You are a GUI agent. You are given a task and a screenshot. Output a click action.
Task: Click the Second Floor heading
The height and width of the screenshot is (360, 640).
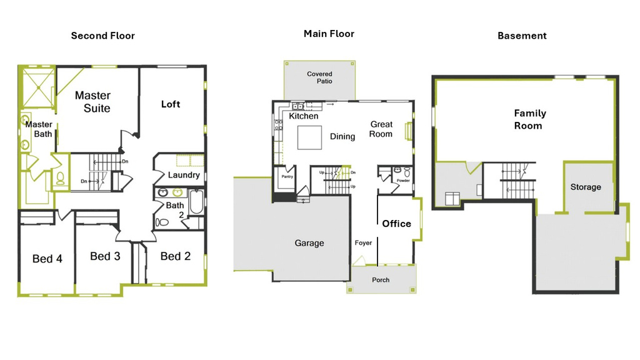pyautogui.click(x=103, y=36)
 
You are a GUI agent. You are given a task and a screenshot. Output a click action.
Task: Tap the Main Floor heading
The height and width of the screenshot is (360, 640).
pyautogui.click(x=329, y=34)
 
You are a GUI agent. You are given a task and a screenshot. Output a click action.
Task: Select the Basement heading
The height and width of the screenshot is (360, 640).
pyautogui.click(x=522, y=36)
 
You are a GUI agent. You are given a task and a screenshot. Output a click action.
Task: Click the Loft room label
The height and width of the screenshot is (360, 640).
pyautogui.click(x=171, y=104)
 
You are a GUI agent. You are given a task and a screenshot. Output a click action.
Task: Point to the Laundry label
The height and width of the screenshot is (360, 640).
pyautogui.click(x=184, y=175)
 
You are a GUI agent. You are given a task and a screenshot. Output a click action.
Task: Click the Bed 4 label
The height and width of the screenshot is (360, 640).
pyautogui.click(x=47, y=259)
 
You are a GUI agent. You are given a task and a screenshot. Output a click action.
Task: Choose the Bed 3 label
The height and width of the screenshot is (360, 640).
pyautogui.click(x=105, y=256)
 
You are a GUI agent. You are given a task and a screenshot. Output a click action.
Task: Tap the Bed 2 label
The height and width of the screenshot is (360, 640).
pyautogui.click(x=176, y=256)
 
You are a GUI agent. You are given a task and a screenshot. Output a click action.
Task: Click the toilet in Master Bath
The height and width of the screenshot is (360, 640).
pyautogui.click(x=61, y=178)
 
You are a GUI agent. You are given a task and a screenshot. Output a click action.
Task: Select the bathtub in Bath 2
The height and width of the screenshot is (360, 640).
pyautogui.click(x=196, y=201)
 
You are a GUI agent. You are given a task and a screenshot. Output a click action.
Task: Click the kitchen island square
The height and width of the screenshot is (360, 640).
pyautogui.click(x=309, y=137)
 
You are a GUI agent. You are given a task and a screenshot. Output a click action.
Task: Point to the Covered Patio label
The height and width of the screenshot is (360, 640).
pyautogui.click(x=320, y=77)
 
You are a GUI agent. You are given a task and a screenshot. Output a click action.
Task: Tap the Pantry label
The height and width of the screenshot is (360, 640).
pyautogui.click(x=287, y=177)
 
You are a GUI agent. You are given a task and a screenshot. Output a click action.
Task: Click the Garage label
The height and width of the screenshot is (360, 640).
pyautogui.click(x=309, y=243)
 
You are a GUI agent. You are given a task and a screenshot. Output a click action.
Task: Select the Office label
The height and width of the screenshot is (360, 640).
pyautogui.click(x=397, y=224)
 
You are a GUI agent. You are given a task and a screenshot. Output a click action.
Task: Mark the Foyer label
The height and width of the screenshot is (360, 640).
pyautogui.click(x=363, y=243)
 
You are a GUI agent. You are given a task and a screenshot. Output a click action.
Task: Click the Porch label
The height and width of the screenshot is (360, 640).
pyautogui.click(x=381, y=280)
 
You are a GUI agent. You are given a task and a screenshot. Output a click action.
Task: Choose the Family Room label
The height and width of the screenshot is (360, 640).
pyautogui.click(x=529, y=119)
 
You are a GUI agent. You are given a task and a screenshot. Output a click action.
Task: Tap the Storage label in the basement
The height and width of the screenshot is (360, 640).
pyautogui.click(x=586, y=187)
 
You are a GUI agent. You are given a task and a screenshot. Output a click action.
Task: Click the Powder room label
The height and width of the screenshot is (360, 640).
pyautogui.click(x=403, y=181)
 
